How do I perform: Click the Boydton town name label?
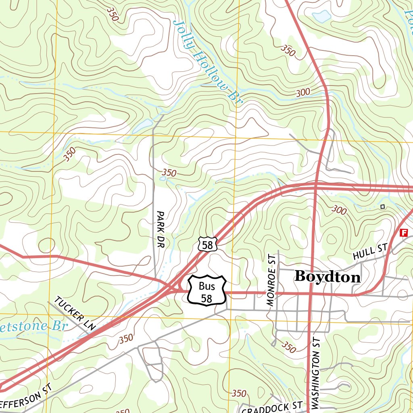tap(327, 277)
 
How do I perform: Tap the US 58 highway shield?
tap(208, 244)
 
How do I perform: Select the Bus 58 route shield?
tap(206, 291)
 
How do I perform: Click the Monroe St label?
tap(271, 280)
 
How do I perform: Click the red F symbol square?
tap(403, 233)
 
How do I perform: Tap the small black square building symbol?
tap(382, 207)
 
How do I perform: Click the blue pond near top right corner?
tap(321, 17)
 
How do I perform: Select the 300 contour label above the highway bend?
tap(303, 92)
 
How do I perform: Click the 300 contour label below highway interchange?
tap(340, 210)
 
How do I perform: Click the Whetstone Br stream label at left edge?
tap(32, 326)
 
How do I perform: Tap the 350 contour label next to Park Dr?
tap(169, 173)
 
